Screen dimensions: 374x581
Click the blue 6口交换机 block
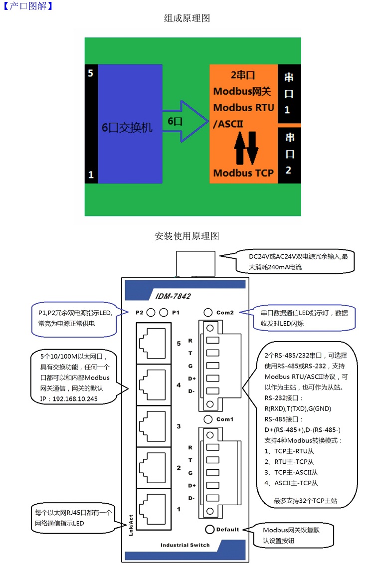click(x=130, y=124)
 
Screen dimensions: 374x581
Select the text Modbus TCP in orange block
click(x=243, y=173)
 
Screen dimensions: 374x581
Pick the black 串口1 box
click(x=289, y=93)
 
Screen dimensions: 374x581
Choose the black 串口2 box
click(x=289, y=154)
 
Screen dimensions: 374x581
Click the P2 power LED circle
click(x=151, y=313)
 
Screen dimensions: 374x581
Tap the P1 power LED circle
click(x=164, y=313)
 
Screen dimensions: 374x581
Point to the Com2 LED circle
click(x=208, y=313)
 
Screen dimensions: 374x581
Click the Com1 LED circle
click(x=208, y=419)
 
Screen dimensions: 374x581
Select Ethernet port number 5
click(x=154, y=343)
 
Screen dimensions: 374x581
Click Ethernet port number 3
click(x=154, y=426)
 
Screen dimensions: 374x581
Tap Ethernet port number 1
click(x=154, y=509)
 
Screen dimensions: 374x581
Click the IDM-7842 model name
click(x=173, y=296)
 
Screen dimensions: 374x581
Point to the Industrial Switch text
click(x=185, y=545)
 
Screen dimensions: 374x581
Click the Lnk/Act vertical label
click(x=131, y=525)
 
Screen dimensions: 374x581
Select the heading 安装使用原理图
click(x=187, y=236)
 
